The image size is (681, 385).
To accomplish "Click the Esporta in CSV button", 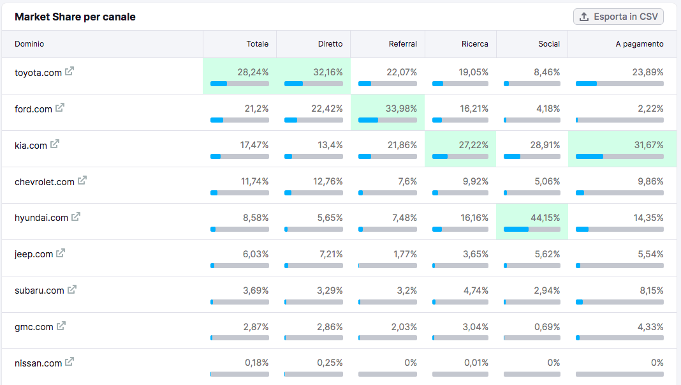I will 619,17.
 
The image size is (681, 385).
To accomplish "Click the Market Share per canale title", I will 75,17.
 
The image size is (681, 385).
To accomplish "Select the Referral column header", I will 402,44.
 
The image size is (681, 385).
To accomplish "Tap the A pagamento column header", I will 639,44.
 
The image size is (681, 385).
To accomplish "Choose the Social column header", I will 548,44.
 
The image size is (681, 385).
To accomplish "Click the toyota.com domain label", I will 38,73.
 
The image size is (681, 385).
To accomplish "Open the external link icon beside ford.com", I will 60,108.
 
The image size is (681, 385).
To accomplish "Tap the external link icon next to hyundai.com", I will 76,216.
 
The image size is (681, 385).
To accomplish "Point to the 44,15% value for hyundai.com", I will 545,218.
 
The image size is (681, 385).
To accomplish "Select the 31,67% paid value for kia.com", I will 648,145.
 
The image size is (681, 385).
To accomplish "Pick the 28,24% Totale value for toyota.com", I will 253,72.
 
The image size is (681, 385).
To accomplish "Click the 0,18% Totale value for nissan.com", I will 256,363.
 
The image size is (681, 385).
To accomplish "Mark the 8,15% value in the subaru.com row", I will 650,291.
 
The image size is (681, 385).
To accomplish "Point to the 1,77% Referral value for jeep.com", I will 405,254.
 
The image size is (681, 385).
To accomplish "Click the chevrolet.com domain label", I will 45,182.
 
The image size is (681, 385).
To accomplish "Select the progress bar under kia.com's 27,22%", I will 460,156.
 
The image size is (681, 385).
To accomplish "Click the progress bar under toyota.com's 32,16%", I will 313,84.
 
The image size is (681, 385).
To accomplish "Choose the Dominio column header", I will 29,44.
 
